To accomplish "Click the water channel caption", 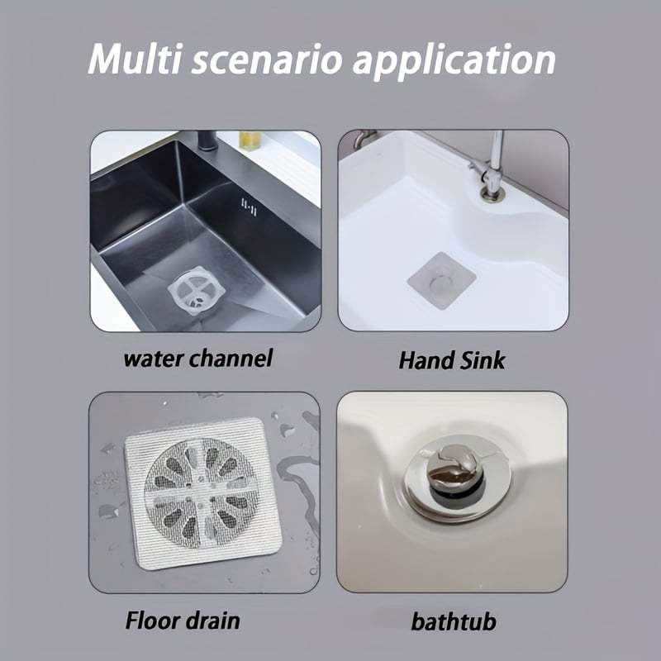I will point(197,359).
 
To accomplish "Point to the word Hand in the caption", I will point(424,360).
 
